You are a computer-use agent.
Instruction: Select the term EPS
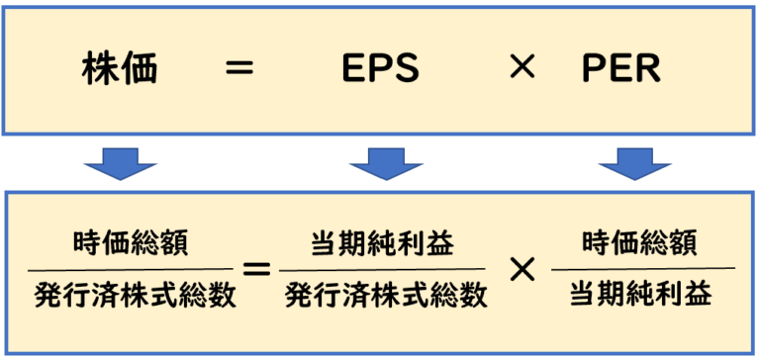[x=381, y=69]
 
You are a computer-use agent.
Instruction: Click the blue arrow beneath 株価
[x=121, y=163]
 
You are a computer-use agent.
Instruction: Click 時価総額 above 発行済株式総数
[x=129, y=241]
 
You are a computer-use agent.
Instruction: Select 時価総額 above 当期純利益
[x=640, y=241]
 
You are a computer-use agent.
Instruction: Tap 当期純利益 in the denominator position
[x=640, y=294]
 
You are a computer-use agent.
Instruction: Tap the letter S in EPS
[x=407, y=69]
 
